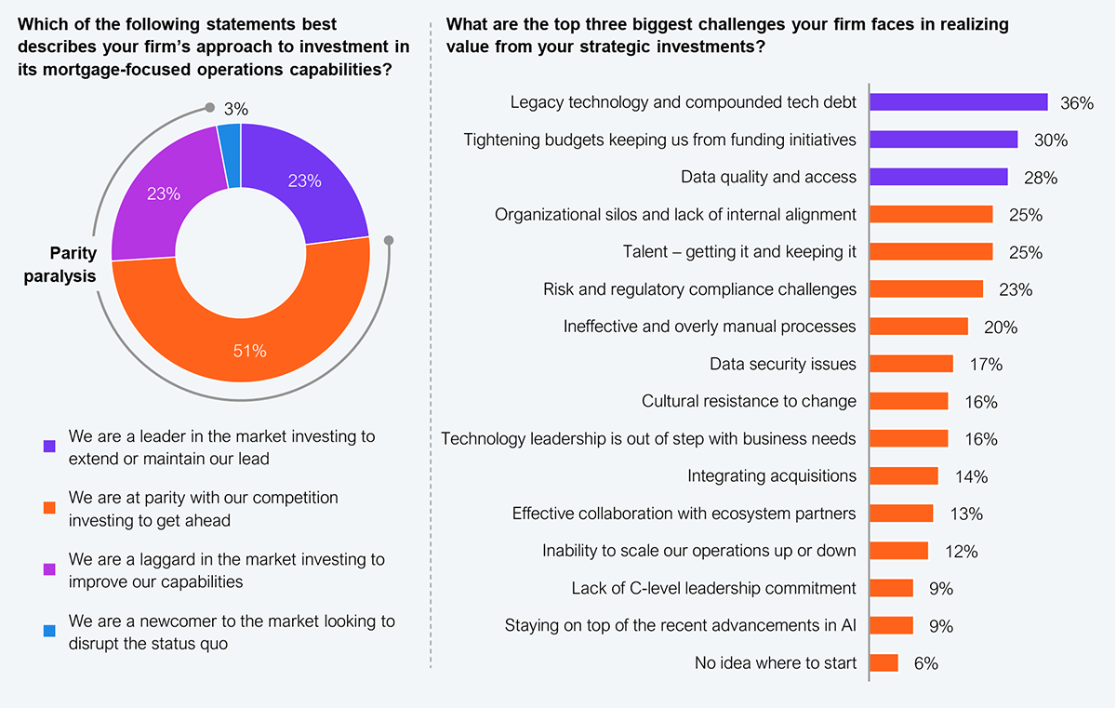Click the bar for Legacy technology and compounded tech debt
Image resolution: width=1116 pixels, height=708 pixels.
[958, 102]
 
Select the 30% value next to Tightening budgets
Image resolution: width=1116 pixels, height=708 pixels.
[1050, 140]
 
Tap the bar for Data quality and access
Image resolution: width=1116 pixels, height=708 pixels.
[938, 177]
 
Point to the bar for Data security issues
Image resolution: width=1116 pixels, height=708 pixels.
[911, 364]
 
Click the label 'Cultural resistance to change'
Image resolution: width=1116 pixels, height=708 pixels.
[749, 401]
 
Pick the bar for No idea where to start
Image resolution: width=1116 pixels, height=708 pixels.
[884, 662]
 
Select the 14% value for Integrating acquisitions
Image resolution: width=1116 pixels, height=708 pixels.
[971, 476]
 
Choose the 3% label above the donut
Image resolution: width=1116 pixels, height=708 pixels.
[236, 109]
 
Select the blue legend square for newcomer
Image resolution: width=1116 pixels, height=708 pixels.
[49, 632]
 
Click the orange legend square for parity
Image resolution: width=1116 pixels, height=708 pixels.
[49, 508]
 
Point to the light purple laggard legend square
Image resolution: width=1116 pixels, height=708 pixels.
[49, 570]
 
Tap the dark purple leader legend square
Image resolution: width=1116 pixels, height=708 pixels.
[49, 447]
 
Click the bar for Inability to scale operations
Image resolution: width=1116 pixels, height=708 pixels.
[898, 551]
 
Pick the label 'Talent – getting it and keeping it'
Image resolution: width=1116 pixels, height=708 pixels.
[739, 251]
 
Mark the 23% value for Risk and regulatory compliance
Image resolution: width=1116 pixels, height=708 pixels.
[1016, 289]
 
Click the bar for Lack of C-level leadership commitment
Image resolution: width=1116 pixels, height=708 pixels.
[891, 588]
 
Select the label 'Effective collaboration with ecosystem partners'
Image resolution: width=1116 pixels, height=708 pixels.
[684, 514]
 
